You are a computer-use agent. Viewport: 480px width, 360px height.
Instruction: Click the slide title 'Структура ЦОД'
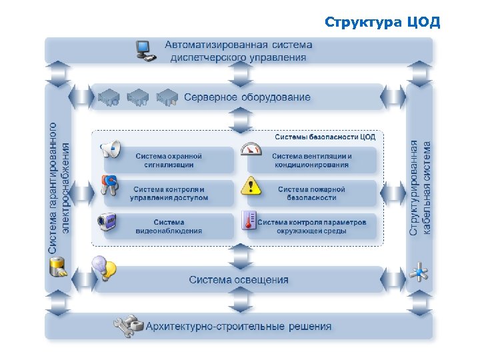(x=382, y=22)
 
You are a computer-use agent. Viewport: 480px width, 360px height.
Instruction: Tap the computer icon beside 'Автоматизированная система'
(x=145, y=51)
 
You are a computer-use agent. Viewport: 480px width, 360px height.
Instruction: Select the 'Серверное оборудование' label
(x=247, y=97)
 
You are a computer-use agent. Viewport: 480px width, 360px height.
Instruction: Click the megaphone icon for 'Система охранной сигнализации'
(x=110, y=150)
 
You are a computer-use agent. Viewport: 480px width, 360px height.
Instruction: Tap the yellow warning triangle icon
(x=251, y=185)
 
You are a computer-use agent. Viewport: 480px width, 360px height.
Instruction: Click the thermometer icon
(x=249, y=221)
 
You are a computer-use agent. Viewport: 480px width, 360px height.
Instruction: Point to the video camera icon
(x=108, y=221)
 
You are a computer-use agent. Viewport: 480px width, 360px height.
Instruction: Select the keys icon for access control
(x=109, y=185)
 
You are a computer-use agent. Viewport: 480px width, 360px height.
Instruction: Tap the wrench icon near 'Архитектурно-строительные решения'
(x=128, y=325)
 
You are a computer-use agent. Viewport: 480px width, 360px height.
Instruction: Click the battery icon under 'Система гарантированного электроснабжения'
(x=58, y=267)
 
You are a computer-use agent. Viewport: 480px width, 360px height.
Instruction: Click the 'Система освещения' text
(x=239, y=279)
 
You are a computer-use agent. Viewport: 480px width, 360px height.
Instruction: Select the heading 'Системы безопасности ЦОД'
(x=325, y=137)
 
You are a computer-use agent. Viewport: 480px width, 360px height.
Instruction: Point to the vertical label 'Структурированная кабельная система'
(x=420, y=187)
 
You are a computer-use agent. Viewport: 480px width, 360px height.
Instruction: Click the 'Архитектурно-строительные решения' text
(x=238, y=327)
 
